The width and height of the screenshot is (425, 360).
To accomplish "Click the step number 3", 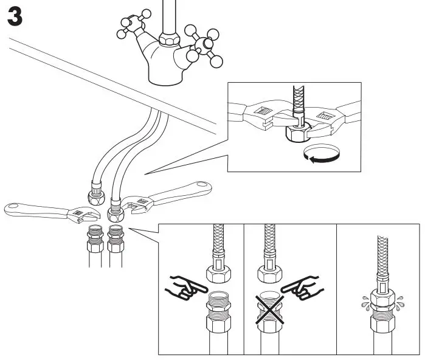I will tap(15, 16).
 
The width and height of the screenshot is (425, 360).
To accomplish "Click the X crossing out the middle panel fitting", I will tap(269, 307).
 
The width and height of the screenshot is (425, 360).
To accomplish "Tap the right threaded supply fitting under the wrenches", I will tap(115, 237).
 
